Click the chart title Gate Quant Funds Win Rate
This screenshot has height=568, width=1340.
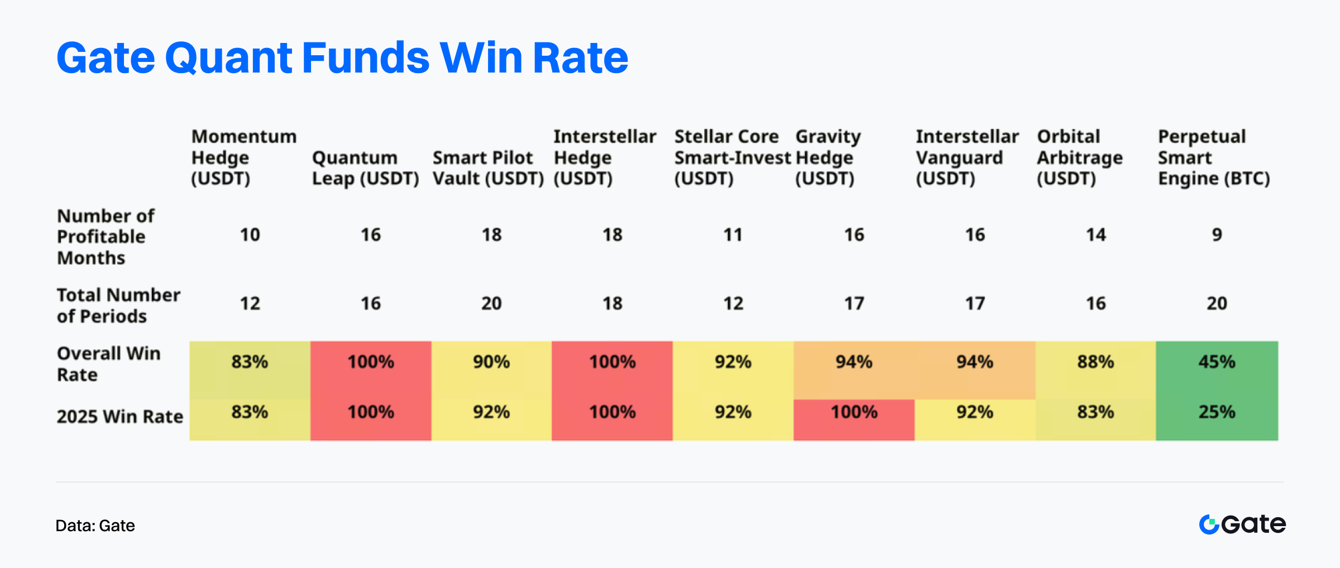coord(342,58)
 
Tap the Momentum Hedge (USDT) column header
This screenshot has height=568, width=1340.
coord(244,157)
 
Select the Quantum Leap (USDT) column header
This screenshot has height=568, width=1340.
coord(366,168)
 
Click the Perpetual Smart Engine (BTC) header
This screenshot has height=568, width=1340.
coord(1214,157)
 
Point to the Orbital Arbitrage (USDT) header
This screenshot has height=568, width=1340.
coord(1080,157)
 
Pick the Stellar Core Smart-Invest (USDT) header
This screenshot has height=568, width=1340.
coord(733,157)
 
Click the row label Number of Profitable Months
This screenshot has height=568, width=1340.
coord(106,237)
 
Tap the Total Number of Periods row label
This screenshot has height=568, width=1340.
coord(118,305)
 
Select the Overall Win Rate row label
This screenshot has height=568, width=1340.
coord(108,364)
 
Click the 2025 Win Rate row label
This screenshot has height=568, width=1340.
coord(120,416)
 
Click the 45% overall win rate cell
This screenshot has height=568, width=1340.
coord(1217,362)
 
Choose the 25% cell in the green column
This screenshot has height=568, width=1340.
coord(1217,412)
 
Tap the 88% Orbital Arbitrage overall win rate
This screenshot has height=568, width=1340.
coord(1095,362)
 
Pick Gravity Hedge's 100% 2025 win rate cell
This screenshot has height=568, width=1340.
coord(854,412)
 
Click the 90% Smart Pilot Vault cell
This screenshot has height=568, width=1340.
coord(491,362)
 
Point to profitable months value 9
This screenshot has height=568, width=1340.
coord(1217,235)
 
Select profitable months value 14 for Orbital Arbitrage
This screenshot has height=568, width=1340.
coord(1095,235)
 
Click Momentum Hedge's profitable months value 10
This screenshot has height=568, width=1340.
coord(250,235)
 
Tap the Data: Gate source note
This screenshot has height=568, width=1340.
coord(95,526)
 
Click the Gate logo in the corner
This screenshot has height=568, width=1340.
coord(1242,524)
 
